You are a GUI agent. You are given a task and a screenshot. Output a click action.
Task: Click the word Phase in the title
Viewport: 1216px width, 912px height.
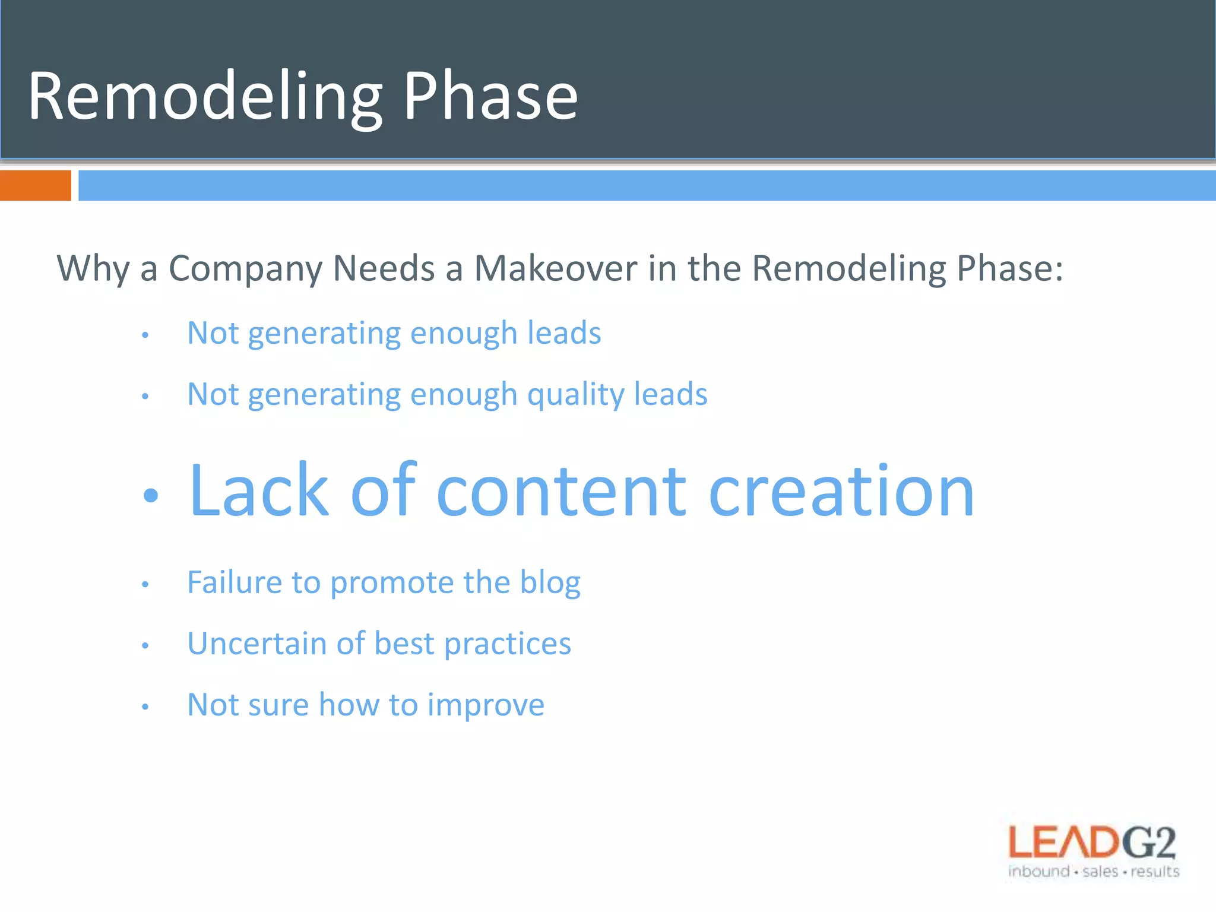point(490,96)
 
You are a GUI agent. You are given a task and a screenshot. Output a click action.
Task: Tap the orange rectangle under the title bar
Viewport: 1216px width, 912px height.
point(35,185)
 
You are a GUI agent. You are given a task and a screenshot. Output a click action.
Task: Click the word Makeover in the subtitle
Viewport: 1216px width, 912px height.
point(556,268)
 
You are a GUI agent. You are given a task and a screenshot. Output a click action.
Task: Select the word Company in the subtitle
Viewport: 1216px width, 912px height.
point(245,268)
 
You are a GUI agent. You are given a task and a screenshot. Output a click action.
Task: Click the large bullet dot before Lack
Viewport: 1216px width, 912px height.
point(151,495)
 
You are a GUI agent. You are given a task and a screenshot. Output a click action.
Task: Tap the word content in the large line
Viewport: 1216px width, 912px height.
point(562,492)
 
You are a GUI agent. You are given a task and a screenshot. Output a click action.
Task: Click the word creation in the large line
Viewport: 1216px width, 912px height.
point(841,492)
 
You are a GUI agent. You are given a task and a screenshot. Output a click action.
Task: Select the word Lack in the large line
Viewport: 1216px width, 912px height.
point(259,492)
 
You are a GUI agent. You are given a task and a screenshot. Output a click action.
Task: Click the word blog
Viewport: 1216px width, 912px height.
point(550,583)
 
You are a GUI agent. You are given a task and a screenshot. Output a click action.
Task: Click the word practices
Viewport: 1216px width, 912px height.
point(508,645)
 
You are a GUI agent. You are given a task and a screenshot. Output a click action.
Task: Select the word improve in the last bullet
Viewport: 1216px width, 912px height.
point(486,706)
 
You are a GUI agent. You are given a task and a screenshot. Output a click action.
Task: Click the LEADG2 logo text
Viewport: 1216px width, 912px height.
point(1092,843)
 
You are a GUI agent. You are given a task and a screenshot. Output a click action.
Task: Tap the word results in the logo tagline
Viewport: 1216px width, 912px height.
point(1155,872)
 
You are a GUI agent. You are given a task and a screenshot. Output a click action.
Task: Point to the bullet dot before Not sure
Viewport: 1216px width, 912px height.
point(145,707)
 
